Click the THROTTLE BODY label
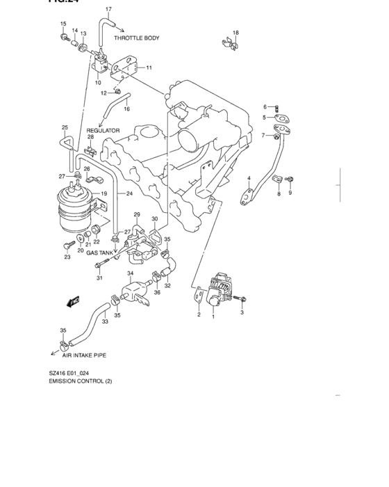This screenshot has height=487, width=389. (x=136, y=38)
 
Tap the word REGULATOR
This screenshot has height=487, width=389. (x=103, y=130)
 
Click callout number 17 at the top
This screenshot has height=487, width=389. (x=108, y=9)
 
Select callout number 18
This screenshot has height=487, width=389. (x=235, y=33)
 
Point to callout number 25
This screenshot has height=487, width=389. (x=64, y=127)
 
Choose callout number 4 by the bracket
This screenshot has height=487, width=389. (x=248, y=179)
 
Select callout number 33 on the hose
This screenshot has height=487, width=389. (x=104, y=321)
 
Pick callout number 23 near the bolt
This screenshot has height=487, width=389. (x=67, y=257)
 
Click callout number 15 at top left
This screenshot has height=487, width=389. (x=63, y=24)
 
